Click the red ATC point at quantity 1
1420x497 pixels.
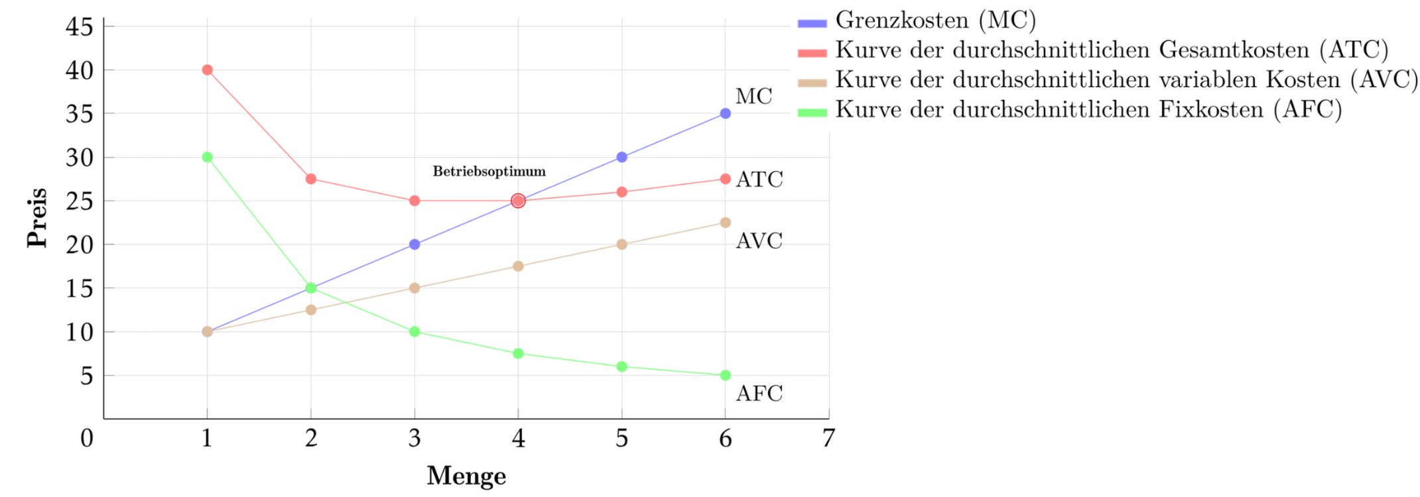point(207,70)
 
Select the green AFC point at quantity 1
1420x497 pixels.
point(207,157)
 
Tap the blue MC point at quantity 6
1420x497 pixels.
point(725,113)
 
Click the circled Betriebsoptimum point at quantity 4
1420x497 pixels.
point(518,201)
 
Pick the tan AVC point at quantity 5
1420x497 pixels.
point(621,245)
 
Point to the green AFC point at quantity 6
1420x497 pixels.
point(725,375)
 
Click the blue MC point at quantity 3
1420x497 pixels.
point(415,245)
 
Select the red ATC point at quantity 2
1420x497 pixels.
point(311,179)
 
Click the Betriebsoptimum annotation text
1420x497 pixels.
point(489,171)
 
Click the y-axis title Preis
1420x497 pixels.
point(37,217)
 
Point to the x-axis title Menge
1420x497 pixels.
point(466,475)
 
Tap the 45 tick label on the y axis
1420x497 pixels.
point(80,27)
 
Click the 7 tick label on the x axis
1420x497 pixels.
point(828,438)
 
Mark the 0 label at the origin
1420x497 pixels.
point(87,438)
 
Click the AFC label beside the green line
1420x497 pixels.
point(759,394)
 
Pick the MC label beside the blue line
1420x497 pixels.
point(754,97)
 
